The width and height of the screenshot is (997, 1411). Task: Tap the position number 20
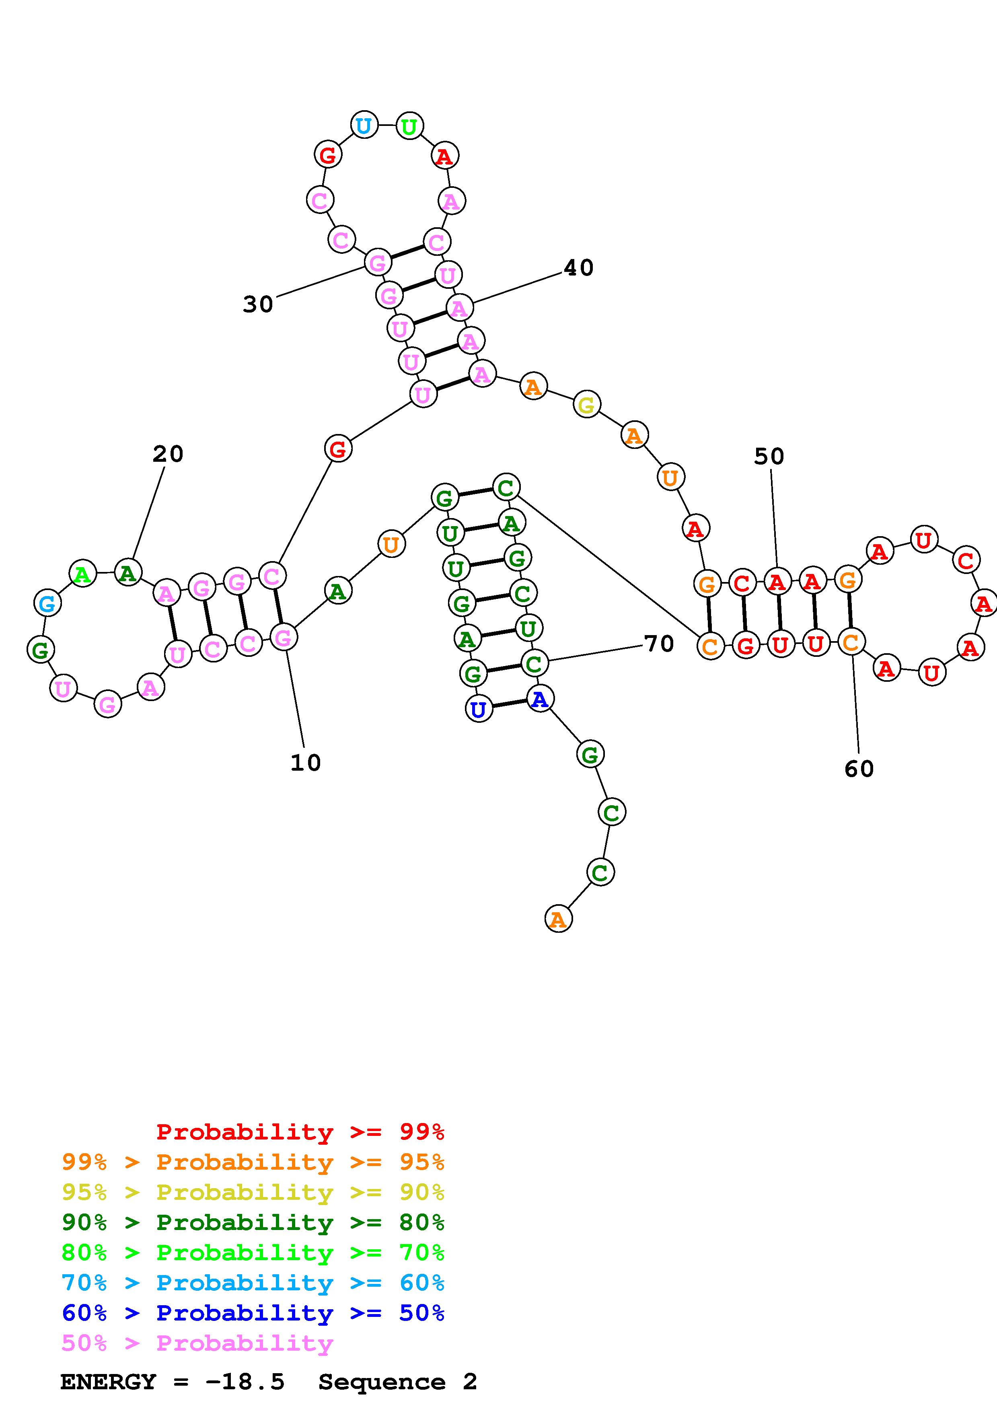(x=168, y=454)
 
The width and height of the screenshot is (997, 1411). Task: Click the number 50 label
(x=769, y=456)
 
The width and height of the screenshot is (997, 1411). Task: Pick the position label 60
(x=859, y=769)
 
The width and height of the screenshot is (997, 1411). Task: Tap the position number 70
(x=659, y=644)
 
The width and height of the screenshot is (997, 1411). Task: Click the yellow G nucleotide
(x=587, y=405)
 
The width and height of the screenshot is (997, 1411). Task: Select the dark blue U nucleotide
(x=479, y=710)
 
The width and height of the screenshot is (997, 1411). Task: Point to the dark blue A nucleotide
(x=539, y=699)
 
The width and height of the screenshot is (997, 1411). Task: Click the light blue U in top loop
(x=364, y=125)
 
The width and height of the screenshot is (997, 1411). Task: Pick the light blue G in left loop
(x=47, y=603)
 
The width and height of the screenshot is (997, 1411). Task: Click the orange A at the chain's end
(x=558, y=919)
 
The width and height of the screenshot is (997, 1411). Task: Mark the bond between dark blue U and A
(x=509, y=704)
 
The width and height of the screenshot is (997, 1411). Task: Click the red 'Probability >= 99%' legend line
(x=300, y=1131)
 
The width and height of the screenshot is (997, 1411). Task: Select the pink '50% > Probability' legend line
(x=197, y=1343)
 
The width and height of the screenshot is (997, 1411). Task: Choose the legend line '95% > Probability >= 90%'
(x=253, y=1192)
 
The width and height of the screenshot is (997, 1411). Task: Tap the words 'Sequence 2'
(x=397, y=1382)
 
